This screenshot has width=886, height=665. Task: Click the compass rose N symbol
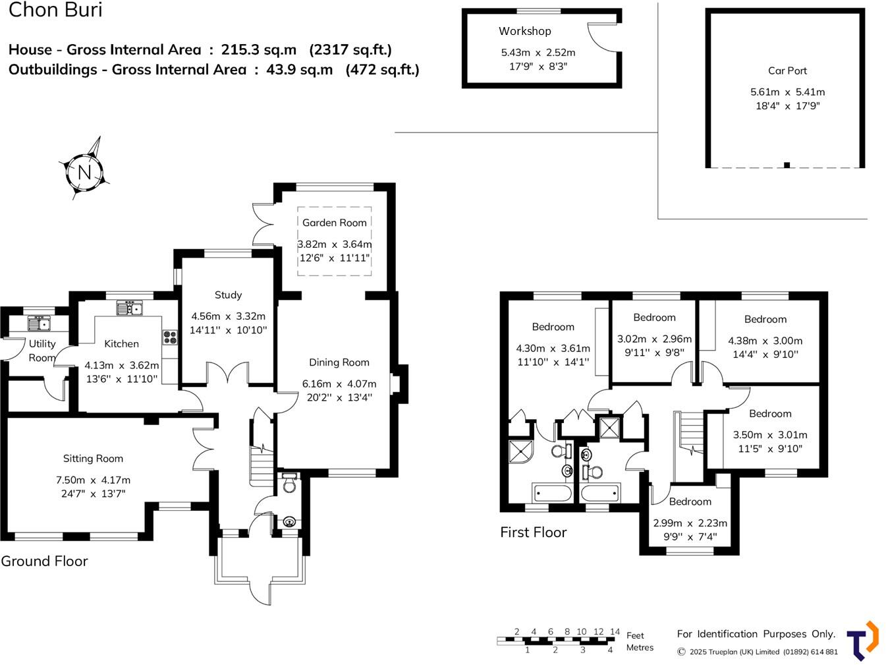click(84, 172)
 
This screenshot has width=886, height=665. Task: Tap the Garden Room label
click(334, 223)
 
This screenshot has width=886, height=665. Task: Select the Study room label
click(228, 295)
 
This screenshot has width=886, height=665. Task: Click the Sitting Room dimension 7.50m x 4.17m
click(93, 480)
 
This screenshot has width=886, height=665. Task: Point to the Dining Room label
click(339, 362)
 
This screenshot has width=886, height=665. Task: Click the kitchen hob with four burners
click(170, 337)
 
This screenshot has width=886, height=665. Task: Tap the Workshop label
click(524, 31)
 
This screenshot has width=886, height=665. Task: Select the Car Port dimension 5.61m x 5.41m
click(787, 92)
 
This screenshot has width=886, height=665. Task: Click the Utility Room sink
click(39, 324)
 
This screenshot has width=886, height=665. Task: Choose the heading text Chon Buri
click(55, 10)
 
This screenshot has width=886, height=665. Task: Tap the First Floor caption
click(533, 533)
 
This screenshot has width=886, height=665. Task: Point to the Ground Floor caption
click(44, 562)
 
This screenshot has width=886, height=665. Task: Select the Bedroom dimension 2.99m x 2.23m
click(690, 523)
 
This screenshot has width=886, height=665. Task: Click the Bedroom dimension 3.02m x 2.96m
click(654, 339)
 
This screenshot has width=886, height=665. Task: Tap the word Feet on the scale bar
click(635, 635)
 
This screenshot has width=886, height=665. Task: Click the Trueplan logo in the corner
click(862, 641)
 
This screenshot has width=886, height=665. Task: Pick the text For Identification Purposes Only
click(756, 634)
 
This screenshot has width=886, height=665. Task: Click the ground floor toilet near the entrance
click(289, 485)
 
